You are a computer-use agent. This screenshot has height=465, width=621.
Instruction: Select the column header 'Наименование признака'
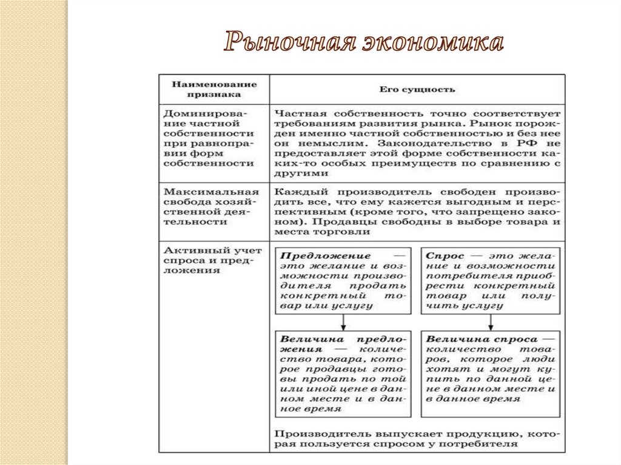point(213,89)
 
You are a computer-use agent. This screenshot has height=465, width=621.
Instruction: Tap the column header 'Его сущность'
point(417,90)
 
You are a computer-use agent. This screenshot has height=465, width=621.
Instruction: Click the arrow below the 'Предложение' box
point(342,321)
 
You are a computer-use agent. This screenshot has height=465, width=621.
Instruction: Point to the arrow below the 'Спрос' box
point(491,321)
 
